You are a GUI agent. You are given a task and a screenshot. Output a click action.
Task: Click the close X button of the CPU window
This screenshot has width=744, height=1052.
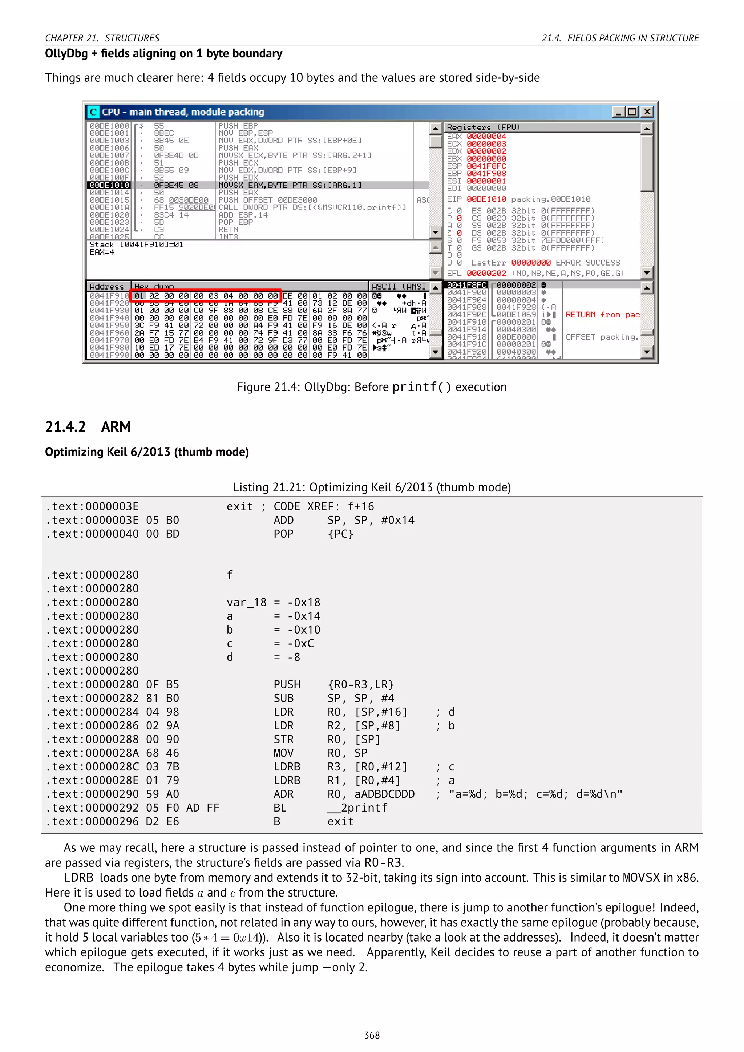[647, 112]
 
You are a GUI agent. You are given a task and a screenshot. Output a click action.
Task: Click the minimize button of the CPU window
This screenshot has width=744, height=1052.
[618, 112]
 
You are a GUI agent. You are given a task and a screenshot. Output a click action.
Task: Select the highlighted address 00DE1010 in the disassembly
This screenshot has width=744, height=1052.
[109, 185]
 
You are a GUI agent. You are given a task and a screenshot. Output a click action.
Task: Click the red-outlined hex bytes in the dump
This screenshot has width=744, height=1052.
[206, 296]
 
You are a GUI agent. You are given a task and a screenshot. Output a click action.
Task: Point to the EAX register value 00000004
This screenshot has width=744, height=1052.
[486, 137]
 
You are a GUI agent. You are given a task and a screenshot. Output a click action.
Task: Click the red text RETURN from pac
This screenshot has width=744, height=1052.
[602, 315]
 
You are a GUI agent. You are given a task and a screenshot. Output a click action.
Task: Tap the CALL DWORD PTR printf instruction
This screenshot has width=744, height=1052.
[312, 207]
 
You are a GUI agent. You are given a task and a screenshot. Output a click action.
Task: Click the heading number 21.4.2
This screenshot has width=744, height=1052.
[65, 426]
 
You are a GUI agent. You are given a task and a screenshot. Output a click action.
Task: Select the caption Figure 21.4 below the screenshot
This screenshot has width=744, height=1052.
[372, 387]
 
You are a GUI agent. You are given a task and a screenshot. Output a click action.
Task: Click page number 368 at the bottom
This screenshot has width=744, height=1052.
[372, 1035]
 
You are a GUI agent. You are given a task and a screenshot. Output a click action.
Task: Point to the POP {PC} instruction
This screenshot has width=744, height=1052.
[314, 534]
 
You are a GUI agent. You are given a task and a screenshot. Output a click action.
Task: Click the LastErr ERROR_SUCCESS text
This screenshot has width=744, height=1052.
[545, 263]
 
